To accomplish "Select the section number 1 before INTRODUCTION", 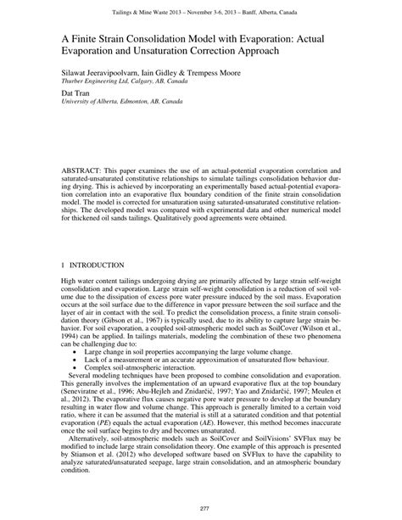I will point(62,265).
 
